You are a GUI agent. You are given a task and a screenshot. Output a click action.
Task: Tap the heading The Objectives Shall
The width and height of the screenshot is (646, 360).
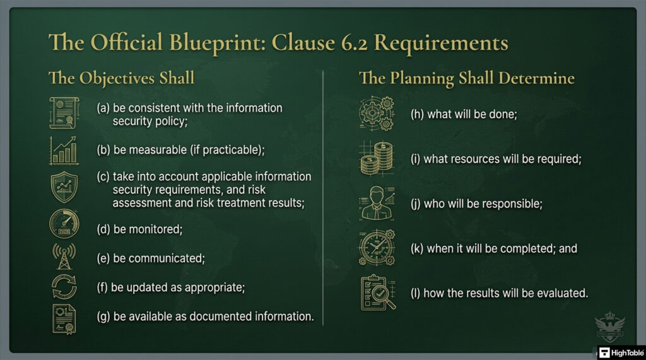click(x=122, y=79)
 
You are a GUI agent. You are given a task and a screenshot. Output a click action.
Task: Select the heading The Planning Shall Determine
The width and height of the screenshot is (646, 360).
click(x=467, y=79)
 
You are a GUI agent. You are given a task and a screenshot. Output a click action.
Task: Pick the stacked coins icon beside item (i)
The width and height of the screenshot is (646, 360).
click(x=378, y=159)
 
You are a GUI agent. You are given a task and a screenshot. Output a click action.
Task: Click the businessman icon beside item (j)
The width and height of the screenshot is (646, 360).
click(x=378, y=204)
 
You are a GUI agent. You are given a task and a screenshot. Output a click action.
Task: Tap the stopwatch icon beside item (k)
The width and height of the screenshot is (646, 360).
click(x=378, y=248)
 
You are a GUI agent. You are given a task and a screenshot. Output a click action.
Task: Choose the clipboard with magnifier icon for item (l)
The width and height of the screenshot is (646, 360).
click(x=378, y=294)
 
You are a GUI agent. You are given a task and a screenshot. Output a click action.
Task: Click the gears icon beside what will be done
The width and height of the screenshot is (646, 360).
click(x=378, y=115)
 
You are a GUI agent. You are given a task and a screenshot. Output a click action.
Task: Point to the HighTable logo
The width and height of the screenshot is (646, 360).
click(x=620, y=352)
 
